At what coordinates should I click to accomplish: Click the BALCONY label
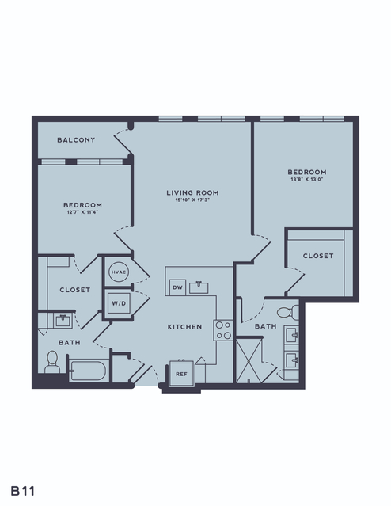76,140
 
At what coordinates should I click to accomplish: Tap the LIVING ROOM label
192,192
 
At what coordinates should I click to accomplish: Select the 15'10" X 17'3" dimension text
192,200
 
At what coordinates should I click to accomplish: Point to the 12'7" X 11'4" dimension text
82,212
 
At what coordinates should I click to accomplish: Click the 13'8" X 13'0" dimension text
307,179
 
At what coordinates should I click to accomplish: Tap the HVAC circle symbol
119,272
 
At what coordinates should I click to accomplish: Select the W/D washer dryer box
119,303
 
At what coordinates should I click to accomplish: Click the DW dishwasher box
178,287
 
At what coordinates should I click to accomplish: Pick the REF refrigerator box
181,374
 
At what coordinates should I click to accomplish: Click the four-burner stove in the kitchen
223,330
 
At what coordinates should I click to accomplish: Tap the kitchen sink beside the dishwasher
199,287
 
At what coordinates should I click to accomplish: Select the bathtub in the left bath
88,371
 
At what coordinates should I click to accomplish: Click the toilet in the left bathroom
52,362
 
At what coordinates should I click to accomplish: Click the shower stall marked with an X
249,360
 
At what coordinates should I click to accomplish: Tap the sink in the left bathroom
63,321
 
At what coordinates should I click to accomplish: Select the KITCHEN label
185,327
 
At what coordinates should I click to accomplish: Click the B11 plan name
23,491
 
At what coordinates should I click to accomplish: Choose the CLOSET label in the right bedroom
318,256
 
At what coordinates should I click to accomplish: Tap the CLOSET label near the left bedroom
75,290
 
